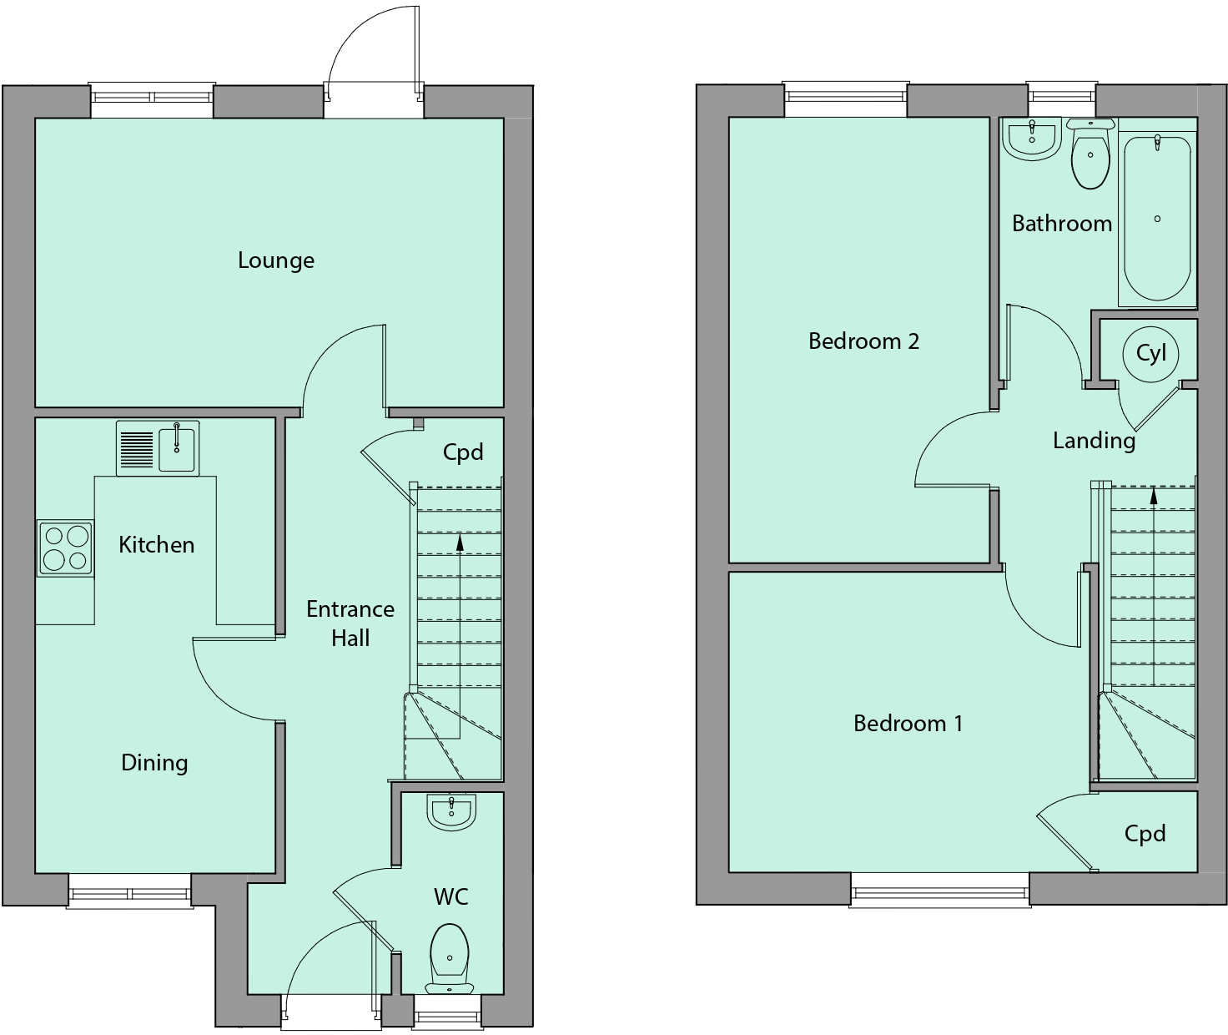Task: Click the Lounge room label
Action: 276,260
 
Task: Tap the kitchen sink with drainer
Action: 158,448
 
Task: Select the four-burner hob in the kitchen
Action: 65,548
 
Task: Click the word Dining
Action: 154,763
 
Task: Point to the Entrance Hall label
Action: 350,624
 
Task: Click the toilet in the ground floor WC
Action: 450,957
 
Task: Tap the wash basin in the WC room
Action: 451,812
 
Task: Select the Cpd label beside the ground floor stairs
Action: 463,452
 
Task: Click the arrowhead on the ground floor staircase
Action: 460,543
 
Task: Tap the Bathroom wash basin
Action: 1032,139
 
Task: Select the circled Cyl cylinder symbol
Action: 1150,353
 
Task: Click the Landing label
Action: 1094,441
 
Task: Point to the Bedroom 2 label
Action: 863,341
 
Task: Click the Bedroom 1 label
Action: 908,724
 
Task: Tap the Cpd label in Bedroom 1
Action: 1145,834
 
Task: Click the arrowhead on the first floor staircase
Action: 1154,496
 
